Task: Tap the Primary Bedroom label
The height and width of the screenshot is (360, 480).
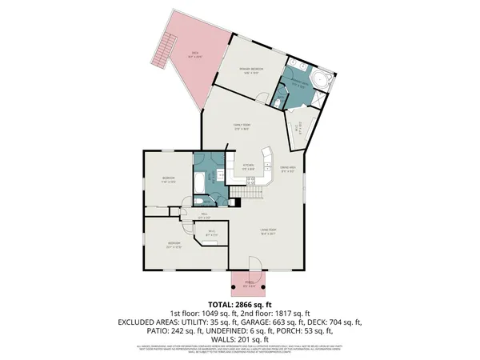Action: pos(251,71)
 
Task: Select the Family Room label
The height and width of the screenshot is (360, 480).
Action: pos(242,126)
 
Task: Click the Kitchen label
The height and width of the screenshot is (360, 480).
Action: pos(249,167)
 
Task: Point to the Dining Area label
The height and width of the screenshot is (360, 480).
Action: pos(289,168)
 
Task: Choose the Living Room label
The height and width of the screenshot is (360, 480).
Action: pos(267,233)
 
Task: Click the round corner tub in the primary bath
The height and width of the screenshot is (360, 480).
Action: pos(318,80)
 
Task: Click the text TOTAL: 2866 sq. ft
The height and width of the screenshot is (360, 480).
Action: pos(241,305)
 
